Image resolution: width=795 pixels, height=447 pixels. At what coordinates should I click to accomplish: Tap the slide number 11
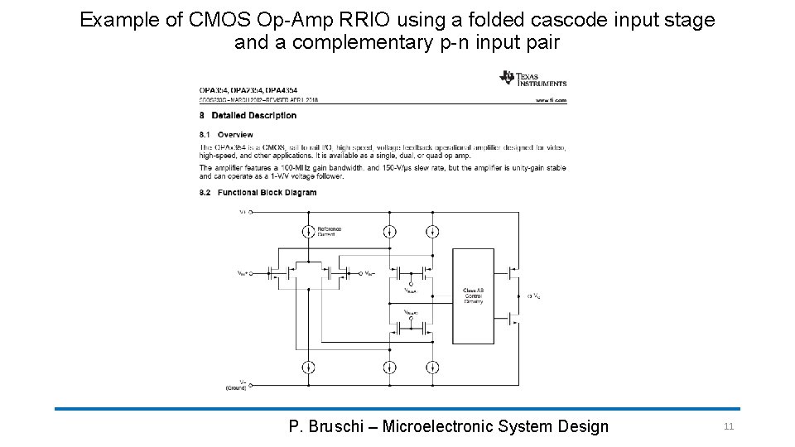pos(729,426)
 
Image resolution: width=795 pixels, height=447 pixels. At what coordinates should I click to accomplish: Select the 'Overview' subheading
pos(235,134)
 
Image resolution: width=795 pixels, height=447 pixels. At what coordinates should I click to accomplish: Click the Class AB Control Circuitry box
pos(474,295)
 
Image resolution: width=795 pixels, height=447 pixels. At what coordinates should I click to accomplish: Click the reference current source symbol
pos(306,232)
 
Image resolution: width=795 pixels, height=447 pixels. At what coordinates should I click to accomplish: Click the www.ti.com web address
pos(551,100)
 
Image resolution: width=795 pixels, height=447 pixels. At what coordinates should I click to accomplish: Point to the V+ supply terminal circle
pos(251,212)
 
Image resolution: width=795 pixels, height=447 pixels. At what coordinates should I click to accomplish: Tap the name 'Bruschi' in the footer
pos(338,426)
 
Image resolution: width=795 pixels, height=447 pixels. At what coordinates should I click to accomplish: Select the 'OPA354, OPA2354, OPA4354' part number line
pos(248,89)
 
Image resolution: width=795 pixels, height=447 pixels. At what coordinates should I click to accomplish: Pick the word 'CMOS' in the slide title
pos(214,20)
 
